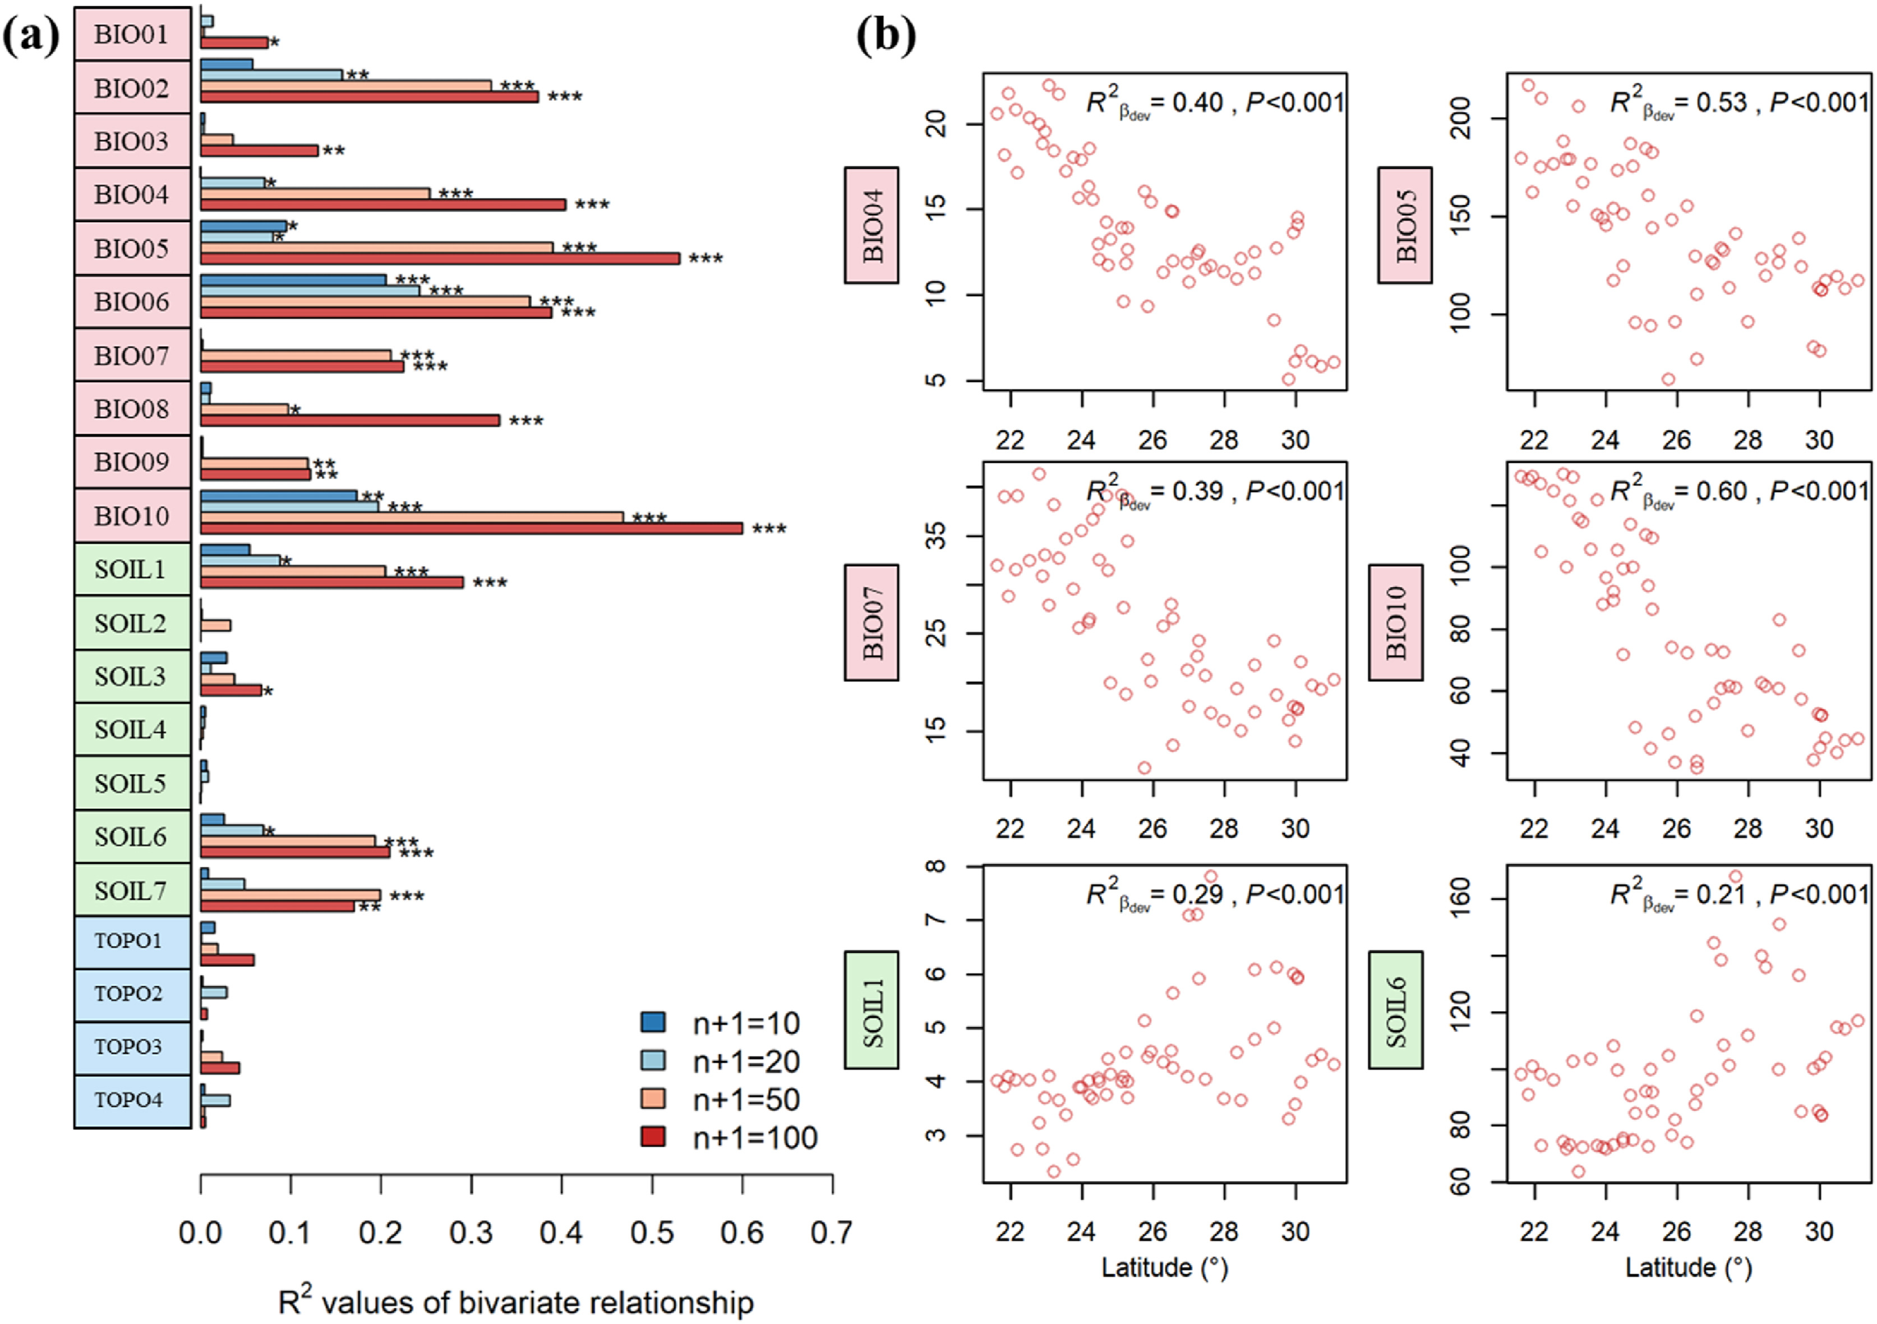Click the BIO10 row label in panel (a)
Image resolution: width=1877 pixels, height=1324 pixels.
click(132, 516)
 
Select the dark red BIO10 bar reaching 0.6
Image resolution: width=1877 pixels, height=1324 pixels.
click(471, 528)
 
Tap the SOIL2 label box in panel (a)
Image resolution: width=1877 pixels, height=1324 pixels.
click(132, 623)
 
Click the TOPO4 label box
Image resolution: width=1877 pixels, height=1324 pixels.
click(132, 1100)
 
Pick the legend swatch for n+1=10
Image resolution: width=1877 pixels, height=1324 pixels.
click(653, 1022)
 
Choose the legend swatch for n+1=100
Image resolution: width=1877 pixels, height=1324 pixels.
click(653, 1137)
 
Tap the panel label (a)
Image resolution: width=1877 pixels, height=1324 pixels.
click(31, 37)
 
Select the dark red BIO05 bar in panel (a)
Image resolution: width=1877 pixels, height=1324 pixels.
click(440, 259)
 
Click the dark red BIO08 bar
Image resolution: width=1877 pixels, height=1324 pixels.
click(350, 420)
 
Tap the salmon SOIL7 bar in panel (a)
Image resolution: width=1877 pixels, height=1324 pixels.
click(290, 895)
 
